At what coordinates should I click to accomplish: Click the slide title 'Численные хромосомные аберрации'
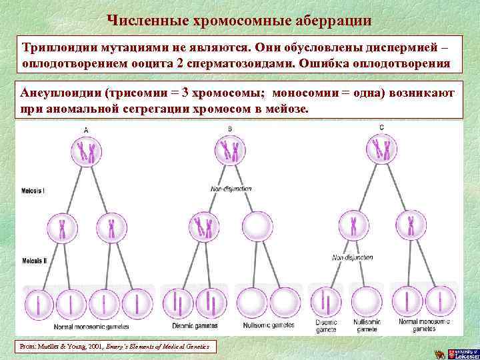[239, 20]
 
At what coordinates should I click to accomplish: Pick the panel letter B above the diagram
[230, 129]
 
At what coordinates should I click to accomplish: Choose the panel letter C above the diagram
[381, 127]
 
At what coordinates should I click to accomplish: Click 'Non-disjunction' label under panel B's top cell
[230, 189]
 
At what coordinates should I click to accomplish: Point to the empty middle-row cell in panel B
[256, 227]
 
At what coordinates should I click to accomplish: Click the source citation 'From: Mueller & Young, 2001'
[114, 347]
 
